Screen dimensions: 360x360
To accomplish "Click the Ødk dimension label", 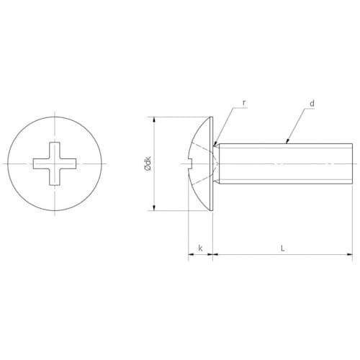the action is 148,163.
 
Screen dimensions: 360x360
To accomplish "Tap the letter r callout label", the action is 244,103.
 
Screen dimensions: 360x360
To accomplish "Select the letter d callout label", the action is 312,104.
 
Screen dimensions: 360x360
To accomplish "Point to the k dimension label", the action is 200,248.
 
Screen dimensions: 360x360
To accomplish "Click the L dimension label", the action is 283,248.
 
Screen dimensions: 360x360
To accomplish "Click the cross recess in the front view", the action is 55,163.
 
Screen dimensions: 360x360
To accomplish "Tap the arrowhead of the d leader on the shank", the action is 287,141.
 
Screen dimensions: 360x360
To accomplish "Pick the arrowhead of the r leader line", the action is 215,143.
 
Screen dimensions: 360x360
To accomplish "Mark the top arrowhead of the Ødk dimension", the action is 155,120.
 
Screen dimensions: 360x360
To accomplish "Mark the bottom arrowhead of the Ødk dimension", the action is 155,207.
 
